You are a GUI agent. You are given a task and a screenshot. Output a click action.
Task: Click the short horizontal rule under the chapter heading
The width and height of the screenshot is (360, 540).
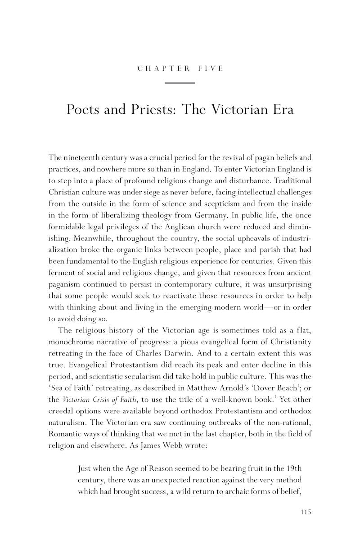click(180, 83)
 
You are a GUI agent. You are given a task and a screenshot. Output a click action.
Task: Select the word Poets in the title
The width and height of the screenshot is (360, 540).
click(83, 110)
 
